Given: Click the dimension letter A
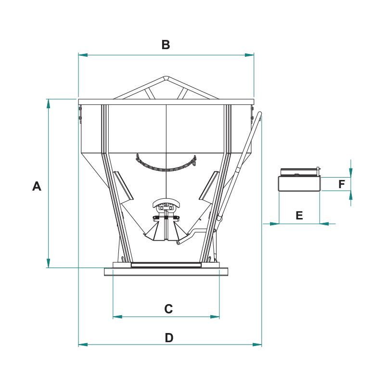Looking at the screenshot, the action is [37, 186].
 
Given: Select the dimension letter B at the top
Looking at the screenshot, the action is [166, 45].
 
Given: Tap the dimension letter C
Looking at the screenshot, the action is [168, 309].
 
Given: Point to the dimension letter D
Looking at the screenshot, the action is [169, 338].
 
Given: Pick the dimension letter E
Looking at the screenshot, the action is [299, 215].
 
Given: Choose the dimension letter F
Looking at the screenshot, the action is [342, 184].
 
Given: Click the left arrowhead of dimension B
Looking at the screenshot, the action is [83, 55].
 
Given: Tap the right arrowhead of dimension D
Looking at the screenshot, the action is [257, 345].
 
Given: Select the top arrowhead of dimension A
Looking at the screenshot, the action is [49, 103].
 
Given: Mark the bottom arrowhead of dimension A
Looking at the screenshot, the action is [49, 263].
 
